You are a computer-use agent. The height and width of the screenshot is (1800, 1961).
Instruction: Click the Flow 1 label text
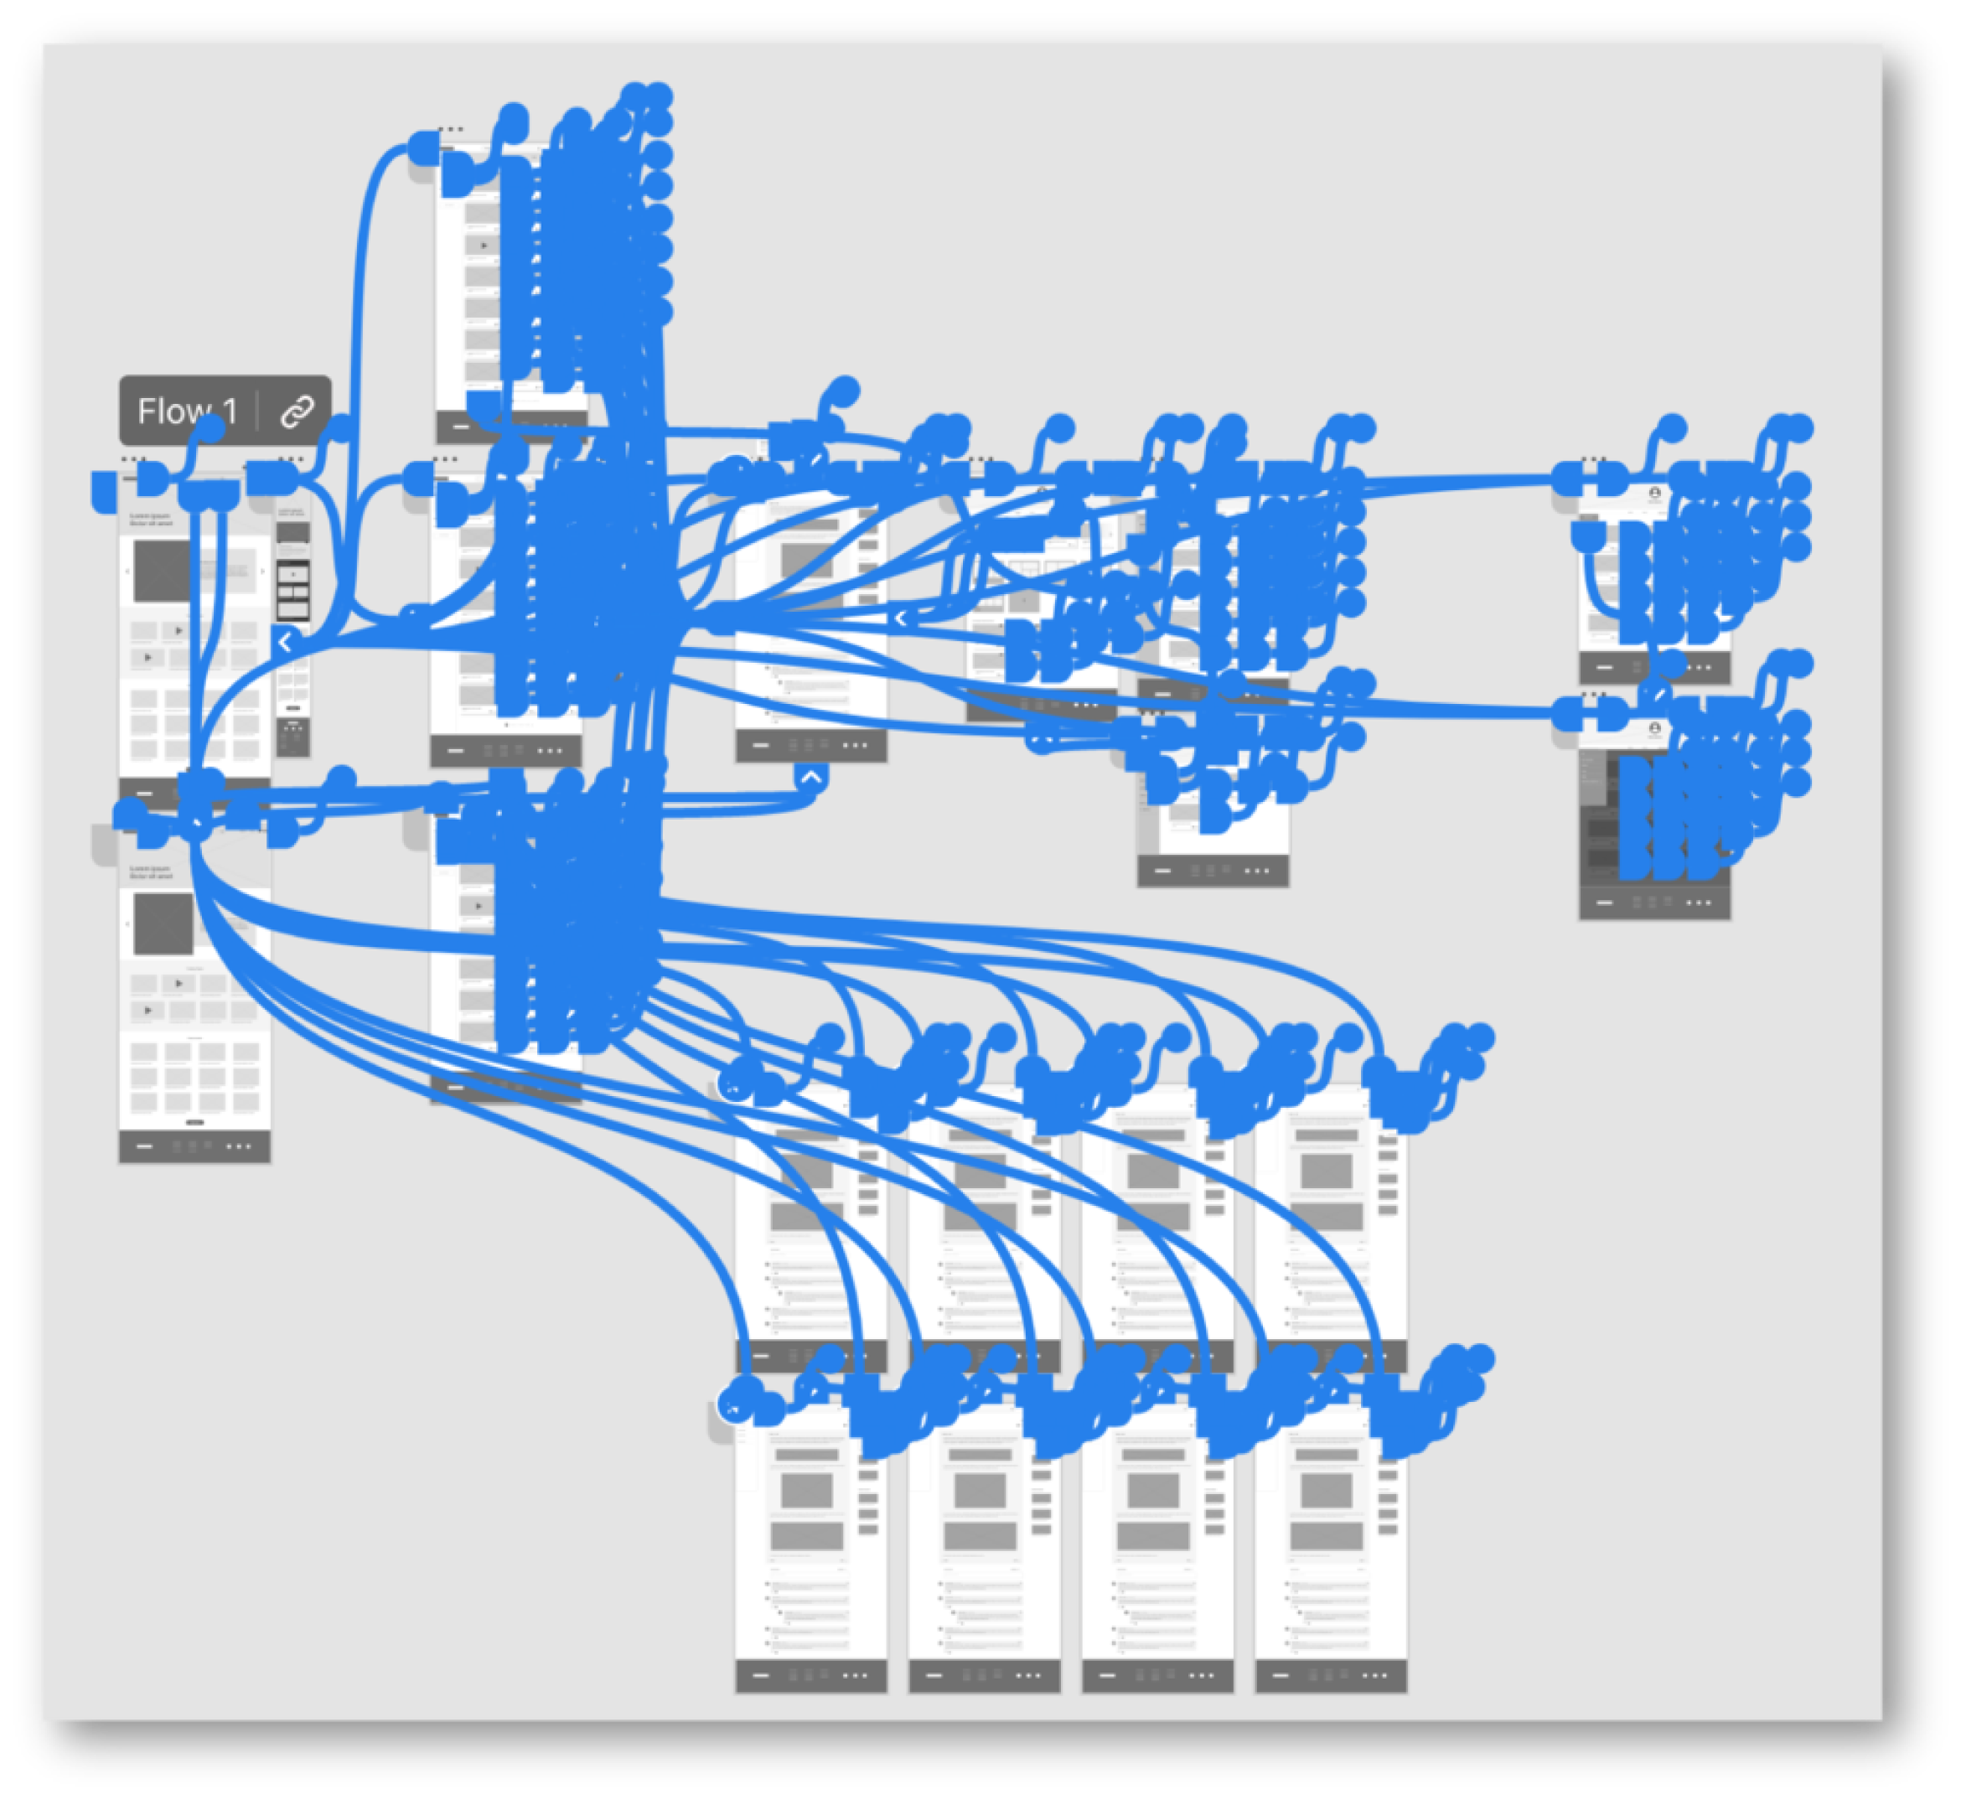(x=187, y=411)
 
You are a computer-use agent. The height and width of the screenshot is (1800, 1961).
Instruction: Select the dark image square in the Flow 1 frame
(x=161, y=571)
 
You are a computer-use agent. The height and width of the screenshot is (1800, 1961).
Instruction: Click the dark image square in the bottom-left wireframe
(x=162, y=923)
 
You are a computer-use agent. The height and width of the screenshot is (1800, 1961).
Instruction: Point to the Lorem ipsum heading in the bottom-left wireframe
(x=151, y=871)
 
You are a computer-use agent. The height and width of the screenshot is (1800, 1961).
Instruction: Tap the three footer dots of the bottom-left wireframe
(x=239, y=1146)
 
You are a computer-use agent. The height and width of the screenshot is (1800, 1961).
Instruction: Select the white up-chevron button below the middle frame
(x=810, y=778)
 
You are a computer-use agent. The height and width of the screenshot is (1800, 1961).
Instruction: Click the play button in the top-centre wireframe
(x=484, y=246)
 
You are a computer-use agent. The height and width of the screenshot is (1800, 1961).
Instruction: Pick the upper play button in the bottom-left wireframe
(x=179, y=984)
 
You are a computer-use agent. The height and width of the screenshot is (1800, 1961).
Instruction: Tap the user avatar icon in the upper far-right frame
(x=1654, y=494)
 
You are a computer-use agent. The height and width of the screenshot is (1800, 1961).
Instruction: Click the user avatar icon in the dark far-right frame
(x=1654, y=727)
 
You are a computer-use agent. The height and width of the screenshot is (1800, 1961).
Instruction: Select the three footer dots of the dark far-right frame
(x=1698, y=903)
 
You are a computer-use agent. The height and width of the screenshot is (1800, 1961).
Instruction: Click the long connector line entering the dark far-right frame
(x=1462, y=712)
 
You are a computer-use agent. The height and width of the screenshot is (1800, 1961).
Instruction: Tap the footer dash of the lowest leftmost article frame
(x=761, y=1675)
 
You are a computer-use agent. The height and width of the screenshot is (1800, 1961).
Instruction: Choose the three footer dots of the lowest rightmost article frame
(x=1374, y=1675)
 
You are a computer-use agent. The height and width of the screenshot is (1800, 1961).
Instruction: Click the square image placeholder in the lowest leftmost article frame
(x=807, y=1490)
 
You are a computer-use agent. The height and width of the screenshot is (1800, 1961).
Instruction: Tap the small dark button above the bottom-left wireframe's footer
(x=194, y=1122)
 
